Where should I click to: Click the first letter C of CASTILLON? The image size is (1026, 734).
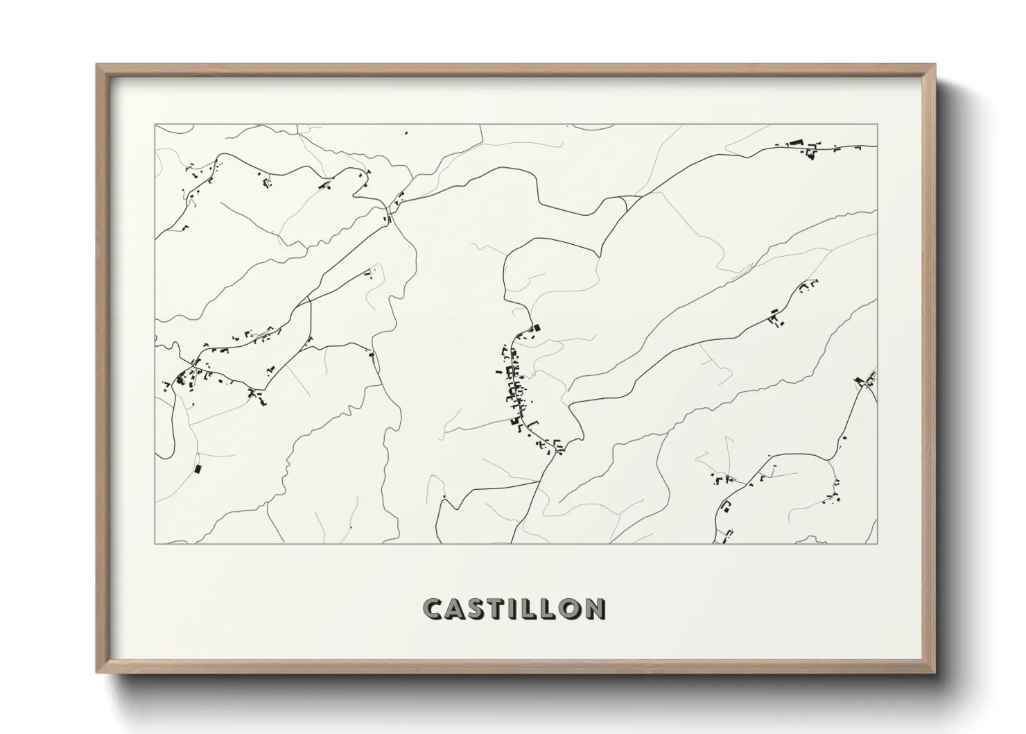433,608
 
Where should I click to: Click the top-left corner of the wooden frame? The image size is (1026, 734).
97,65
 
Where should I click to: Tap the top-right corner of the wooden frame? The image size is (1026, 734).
934,65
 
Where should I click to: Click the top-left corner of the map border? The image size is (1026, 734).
155,125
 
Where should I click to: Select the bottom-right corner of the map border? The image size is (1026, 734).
877,543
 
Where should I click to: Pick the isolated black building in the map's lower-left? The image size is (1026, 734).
197,469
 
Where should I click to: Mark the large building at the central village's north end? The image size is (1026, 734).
534,328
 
